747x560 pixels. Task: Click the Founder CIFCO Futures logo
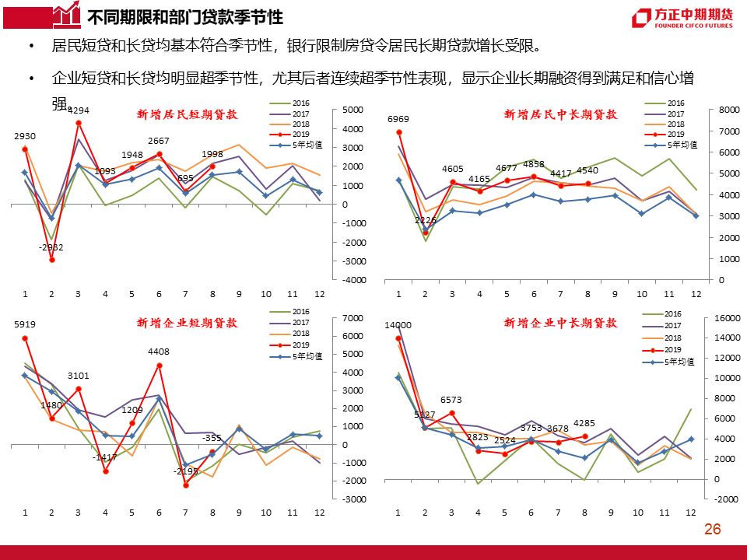pos(682,18)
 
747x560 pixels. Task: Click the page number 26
pos(712,529)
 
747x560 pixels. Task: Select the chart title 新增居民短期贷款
pos(187,114)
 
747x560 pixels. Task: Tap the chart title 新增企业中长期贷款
pos(561,323)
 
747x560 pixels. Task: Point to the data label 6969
pos(398,119)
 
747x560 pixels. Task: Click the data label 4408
pos(159,352)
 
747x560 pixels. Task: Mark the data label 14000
pos(398,325)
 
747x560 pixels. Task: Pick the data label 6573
pos(451,400)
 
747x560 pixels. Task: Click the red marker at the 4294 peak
pos(79,124)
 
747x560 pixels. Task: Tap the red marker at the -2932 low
pos(52,260)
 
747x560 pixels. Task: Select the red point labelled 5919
pos(25,338)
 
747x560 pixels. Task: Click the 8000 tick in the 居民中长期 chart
pos(729,110)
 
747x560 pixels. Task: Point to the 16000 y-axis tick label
pos(728,317)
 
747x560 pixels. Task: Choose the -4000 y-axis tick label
pos(354,280)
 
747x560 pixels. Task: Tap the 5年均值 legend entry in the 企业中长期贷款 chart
pos(668,362)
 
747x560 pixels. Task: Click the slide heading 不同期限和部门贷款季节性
pos(185,18)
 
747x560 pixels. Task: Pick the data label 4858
pos(534,164)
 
